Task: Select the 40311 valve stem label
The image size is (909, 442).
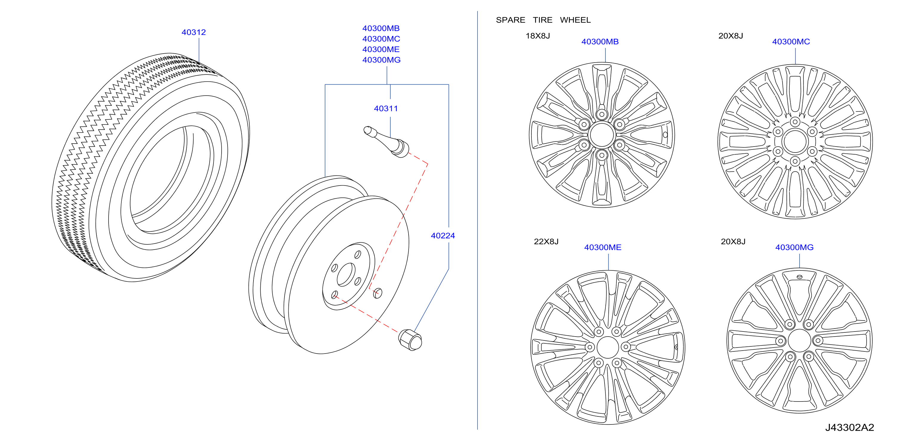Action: click(x=386, y=108)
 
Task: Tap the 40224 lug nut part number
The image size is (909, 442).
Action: click(x=443, y=236)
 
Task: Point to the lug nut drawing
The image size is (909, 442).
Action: click(x=410, y=340)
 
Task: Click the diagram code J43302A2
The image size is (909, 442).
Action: click(x=849, y=427)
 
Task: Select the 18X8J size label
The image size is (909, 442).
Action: click(x=538, y=36)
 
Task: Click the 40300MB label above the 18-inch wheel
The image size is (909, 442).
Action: click(x=600, y=42)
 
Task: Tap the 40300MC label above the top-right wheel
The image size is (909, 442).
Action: click(x=791, y=42)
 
